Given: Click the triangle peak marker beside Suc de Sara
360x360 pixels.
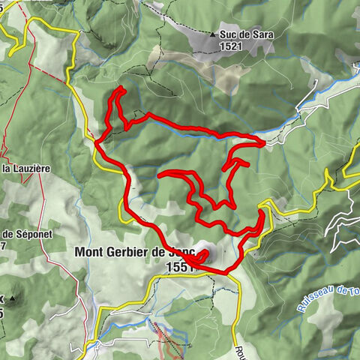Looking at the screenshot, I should [214, 34].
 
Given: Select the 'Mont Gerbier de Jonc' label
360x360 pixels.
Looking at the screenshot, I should [134, 252].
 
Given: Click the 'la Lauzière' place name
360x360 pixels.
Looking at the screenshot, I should [25, 169].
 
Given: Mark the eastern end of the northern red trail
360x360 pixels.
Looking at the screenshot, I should [262, 144].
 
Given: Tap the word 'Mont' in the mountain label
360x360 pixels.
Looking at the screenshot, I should [89, 252].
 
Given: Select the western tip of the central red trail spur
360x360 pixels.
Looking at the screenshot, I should [160, 175].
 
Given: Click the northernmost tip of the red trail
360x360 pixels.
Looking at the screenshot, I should [119, 88].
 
